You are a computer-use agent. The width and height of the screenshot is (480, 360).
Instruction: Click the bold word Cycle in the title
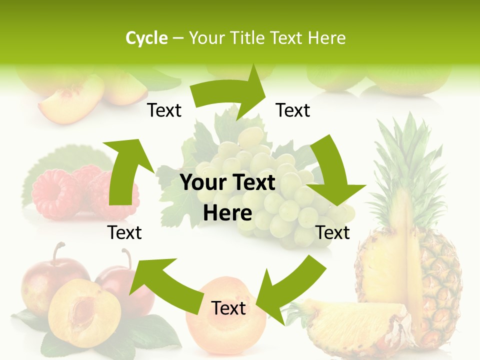pos(146,38)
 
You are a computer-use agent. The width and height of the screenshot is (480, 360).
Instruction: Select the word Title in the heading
pos(249,38)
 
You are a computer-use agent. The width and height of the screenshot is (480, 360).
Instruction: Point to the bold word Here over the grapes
pos(227,213)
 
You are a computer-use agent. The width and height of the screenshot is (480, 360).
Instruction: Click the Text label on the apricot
pos(228,308)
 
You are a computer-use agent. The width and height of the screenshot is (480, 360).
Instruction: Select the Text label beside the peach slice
pos(164,110)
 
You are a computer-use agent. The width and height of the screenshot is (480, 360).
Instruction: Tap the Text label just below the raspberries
pos(124,232)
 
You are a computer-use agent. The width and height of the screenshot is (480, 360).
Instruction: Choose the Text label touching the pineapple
pos(333,232)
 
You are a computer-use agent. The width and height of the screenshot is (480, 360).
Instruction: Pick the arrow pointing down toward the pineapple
pos(332,175)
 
